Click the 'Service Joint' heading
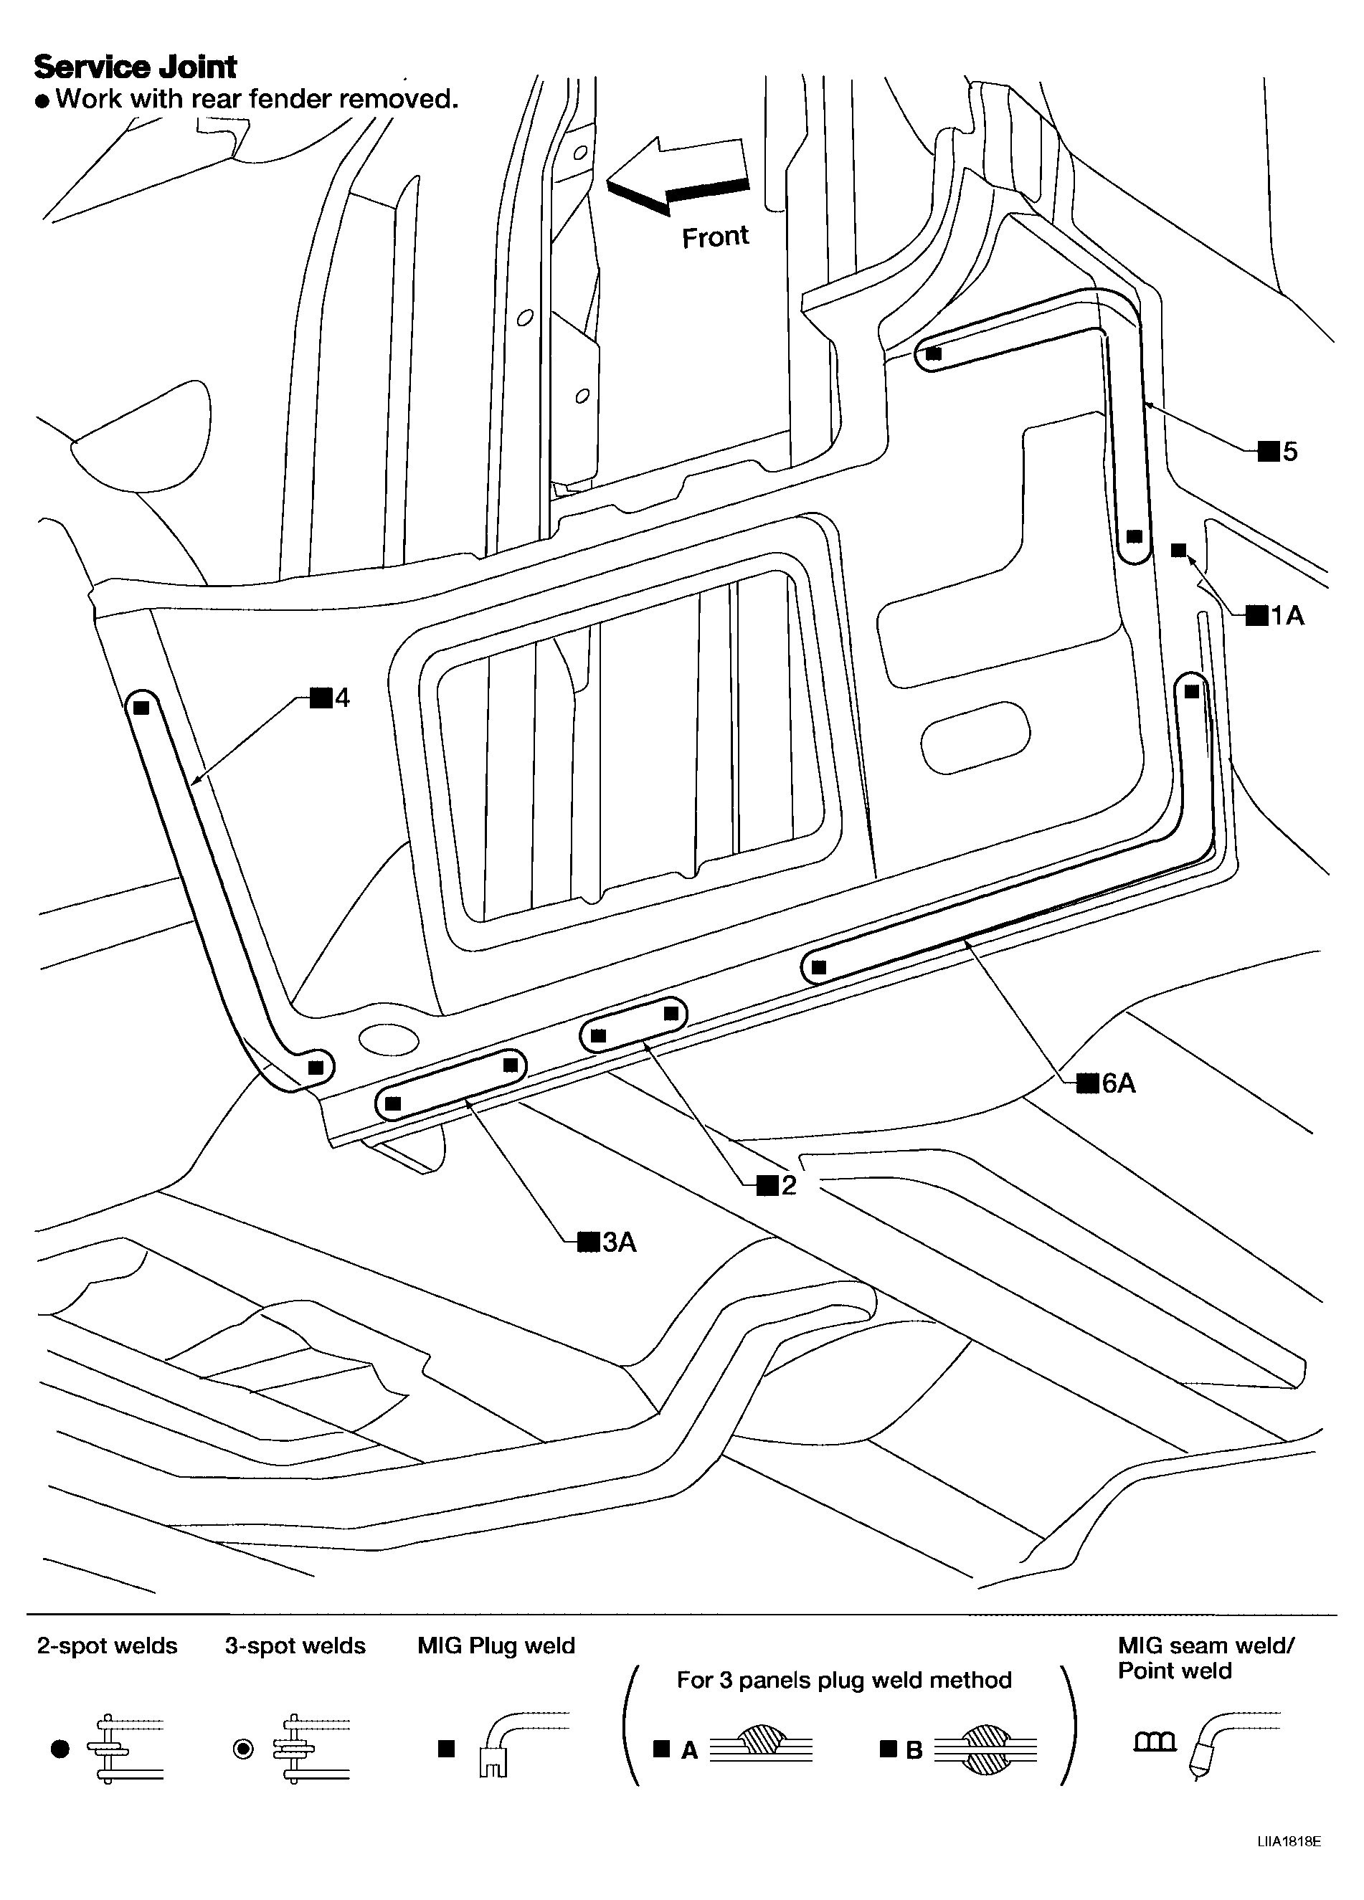click(x=135, y=66)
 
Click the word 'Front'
click(x=715, y=237)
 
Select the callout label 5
click(x=1279, y=452)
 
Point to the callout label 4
click(x=331, y=697)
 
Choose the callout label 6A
click(x=1107, y=1083)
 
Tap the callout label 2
click(x=777, y=1184)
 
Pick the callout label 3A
click(x=608, y=1242)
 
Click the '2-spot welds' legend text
click(x=108, y=1646)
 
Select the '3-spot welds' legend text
click(x=295, y=1646)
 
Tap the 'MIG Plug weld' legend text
click(x=496, y=1646)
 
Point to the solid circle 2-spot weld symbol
click(x=60, y=1749)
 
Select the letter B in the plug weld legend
click(x=914, y=1751)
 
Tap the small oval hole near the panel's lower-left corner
click(x=388, y=1040)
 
